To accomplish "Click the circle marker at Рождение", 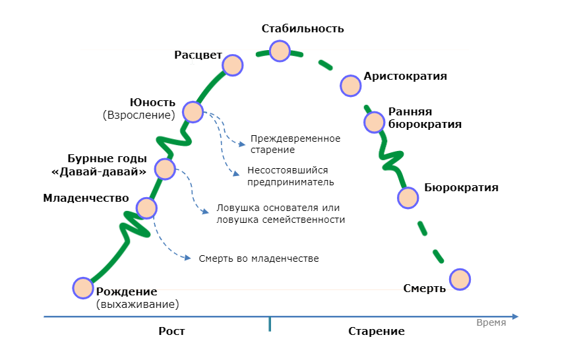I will [x=83, y=288].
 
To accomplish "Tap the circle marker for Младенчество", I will [x=146, y=208].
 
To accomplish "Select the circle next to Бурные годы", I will [x=165, y=168].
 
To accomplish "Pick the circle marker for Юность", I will [x=193, y=111].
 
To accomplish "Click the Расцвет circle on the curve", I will [x=232, y=65].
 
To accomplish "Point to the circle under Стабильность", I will [x=280, y=51].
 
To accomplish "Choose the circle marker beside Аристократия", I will [x=350, y=84].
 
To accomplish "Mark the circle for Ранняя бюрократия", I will [x=374, y=122].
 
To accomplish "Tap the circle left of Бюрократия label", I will [x=408, y=197].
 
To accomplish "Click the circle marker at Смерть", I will [x=460, y=279].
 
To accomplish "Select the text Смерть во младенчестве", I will [x=259, y=258].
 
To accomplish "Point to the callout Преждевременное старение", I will [x=295, y=144].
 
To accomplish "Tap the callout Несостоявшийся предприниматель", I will [x=290, y=175].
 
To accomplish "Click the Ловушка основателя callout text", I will [x=280, y=214].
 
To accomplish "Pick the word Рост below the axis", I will [x=171, y=331].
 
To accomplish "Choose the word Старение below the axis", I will [x=376, y=331].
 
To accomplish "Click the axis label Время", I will [x=491, y=322].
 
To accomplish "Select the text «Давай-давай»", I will [x=99, y=172].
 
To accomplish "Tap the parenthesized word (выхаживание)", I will [x=137, y=305].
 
